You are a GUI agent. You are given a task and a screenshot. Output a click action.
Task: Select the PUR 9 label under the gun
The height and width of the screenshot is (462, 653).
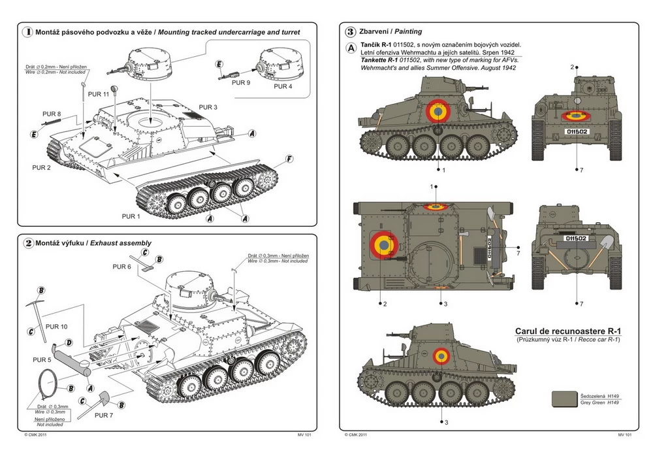click(240, 83)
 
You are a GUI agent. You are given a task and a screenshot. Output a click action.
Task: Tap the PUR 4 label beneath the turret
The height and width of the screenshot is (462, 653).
click(283, 86)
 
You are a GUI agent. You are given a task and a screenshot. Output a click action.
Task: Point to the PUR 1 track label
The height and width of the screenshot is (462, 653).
click(131, 216)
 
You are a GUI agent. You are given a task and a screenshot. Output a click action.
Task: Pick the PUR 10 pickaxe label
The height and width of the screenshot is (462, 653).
click(57, 326)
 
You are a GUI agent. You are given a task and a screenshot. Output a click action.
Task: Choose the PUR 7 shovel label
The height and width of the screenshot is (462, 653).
click(104, 414)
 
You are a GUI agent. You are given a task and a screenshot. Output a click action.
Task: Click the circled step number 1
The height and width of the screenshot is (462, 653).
click(27, 31)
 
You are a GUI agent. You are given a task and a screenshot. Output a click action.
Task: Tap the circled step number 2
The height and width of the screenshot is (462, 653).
click(27, 243)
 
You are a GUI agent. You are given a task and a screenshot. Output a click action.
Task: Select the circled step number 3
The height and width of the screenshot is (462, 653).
click(351, 31)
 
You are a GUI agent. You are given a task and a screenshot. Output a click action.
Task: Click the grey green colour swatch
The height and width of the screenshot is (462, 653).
click(564, 399)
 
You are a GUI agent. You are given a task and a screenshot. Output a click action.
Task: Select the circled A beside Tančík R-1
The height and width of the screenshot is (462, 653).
click(351, 48)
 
